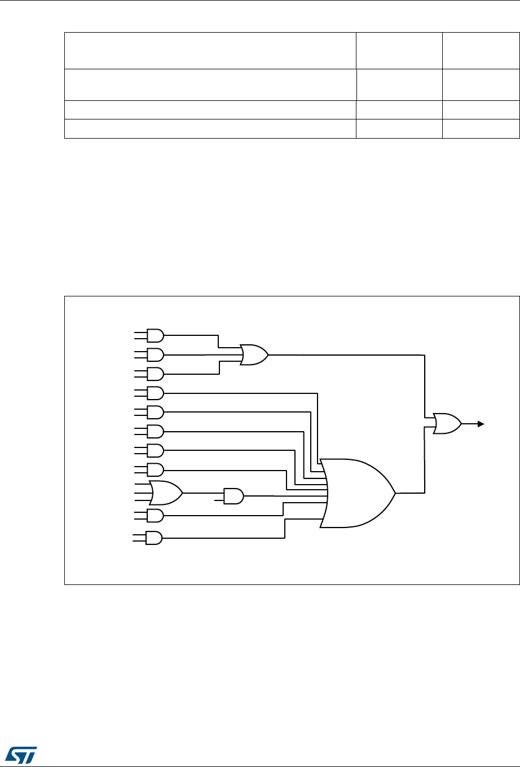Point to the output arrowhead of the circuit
tap(481, 423)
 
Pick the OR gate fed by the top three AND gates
tap(254, 354)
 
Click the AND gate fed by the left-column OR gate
tap(233, 496)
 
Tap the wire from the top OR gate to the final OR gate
tap(350, 355)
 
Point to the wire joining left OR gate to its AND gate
tap(203, 493)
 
